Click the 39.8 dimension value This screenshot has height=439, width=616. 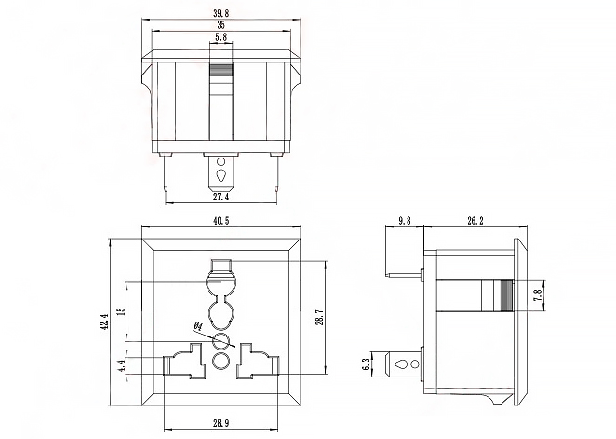(x=221, y=13)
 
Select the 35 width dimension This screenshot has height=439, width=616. (x=221, y=25)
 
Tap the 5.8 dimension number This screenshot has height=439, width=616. (x=221, y=37)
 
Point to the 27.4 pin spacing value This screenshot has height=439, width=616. (x=221, y=197)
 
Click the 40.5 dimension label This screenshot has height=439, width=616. (x=221, y=221)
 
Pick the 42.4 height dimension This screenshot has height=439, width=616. (x=105, y=322)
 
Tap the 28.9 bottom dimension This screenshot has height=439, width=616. (x=221, y=424)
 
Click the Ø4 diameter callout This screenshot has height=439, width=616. (x=197, y=326)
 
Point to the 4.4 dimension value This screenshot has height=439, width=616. (x=122, y=365)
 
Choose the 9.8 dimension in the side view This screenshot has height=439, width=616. (x=404, y=221)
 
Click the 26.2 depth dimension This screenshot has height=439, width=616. (x=475, y=221)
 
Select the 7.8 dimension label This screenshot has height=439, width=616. (x=538, y=295)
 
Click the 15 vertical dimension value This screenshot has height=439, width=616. (x=122, y=310)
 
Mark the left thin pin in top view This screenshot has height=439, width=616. (x=167, y=173)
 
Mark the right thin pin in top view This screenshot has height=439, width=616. (x=276, y=173)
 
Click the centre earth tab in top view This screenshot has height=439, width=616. (x=221, y=171)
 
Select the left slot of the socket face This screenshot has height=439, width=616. (x=184, y=361)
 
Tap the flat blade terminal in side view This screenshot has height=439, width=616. (x=404, y=364)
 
